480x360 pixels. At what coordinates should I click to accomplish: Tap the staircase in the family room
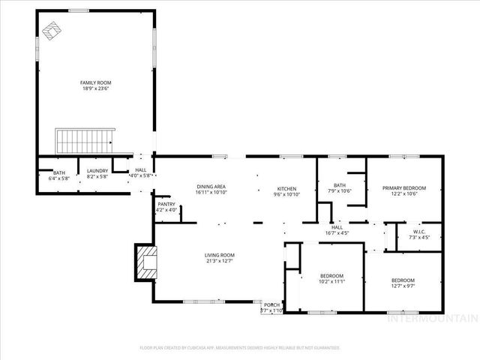85,139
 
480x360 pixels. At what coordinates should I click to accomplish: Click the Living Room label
220,256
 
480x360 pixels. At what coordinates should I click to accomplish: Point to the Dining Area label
211,187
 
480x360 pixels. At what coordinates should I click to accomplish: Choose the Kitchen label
286,188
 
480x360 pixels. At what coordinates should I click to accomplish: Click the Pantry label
166,204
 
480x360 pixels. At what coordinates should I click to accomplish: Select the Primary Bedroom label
403,187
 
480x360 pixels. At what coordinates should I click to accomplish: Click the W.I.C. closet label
418,232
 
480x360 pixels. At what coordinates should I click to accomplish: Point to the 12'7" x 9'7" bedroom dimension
402,286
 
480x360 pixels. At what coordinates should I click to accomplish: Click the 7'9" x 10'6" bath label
339,190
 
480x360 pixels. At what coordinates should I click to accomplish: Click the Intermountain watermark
430,318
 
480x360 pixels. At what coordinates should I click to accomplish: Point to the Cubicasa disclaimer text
240,348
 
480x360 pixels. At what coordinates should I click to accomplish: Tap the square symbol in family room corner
50,29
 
